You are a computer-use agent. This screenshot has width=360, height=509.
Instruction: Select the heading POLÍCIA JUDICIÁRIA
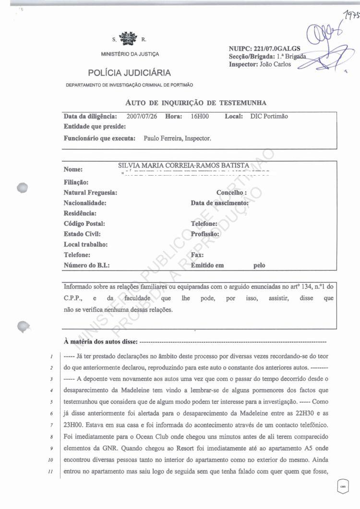click(x=130, y=73)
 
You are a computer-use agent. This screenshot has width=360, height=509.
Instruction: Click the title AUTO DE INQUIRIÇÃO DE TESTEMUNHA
click(x=195, y=103)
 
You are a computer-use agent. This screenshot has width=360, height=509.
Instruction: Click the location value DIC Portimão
click(x=269, y=117)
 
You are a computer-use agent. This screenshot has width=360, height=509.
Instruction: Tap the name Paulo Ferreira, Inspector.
click(x=177, y=138)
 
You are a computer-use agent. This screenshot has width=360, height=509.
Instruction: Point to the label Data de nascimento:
click(x=219, y=203)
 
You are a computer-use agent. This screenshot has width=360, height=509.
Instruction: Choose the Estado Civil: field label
click(x=82, y=234)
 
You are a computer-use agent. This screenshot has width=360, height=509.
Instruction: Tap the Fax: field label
click(x=197, y=255)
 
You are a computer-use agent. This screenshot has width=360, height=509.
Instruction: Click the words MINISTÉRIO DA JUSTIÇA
click(x=130, y=54)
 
